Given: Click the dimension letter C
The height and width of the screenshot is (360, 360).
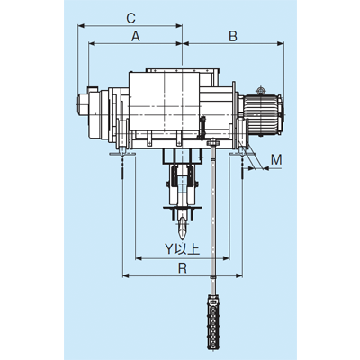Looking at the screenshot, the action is (131, 18).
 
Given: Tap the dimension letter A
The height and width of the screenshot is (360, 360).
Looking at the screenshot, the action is (136, 37).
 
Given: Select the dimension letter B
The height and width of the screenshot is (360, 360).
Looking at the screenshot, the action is (233, 36).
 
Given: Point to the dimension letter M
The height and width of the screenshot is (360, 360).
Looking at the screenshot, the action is (276, 160).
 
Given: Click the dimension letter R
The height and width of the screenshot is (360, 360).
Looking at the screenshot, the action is (182, 268).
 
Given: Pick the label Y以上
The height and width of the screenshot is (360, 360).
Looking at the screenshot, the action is (182, 249).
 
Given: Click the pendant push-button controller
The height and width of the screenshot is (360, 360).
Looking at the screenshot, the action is (212, 322).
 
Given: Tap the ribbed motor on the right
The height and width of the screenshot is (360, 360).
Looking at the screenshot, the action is (264, 114).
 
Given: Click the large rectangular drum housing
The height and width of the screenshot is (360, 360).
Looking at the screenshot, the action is (165, 102).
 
